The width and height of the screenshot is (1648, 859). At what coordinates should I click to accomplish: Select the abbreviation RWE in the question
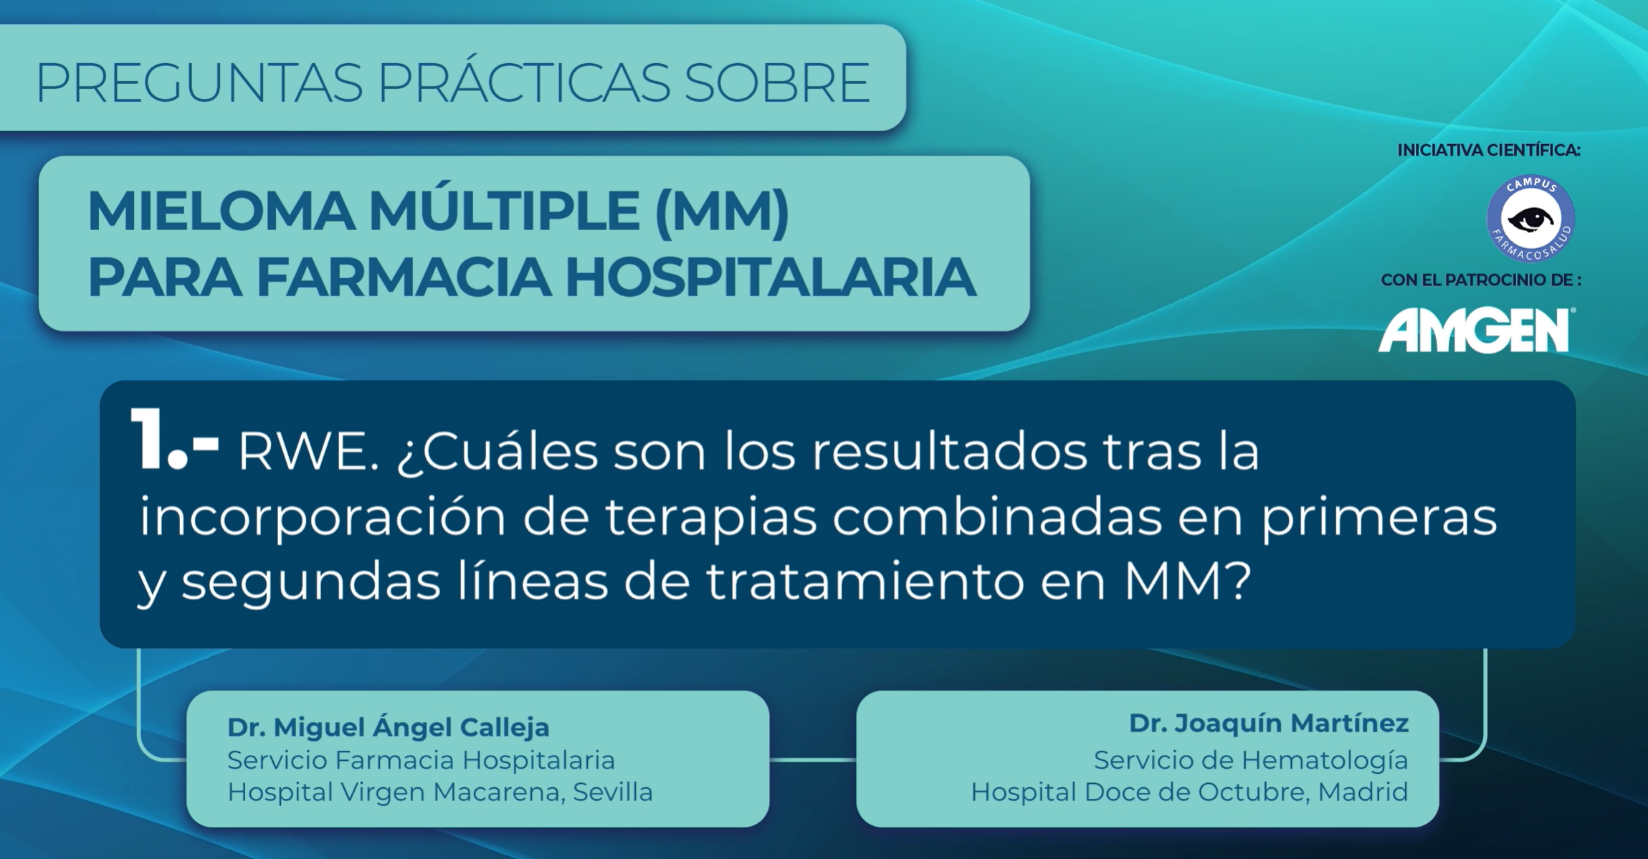pos(308,452)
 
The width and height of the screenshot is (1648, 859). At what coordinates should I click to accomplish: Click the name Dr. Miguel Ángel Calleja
pos(389,727)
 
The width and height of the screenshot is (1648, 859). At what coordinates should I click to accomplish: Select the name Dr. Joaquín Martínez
pos(1269,723)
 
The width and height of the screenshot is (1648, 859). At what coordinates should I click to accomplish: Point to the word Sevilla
pos(613,792)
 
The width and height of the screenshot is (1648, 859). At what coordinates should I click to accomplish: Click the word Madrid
pos(1363,792)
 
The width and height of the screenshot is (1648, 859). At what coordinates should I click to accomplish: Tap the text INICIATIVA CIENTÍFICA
pos(1489,151)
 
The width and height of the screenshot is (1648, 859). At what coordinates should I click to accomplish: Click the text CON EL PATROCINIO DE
pos(1481,280)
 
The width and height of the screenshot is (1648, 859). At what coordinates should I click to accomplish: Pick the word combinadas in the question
pos(997,517)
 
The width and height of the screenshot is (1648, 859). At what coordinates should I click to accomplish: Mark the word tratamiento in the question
pos(865,582)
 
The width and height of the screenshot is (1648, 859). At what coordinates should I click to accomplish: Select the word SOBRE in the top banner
pos(776,82)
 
